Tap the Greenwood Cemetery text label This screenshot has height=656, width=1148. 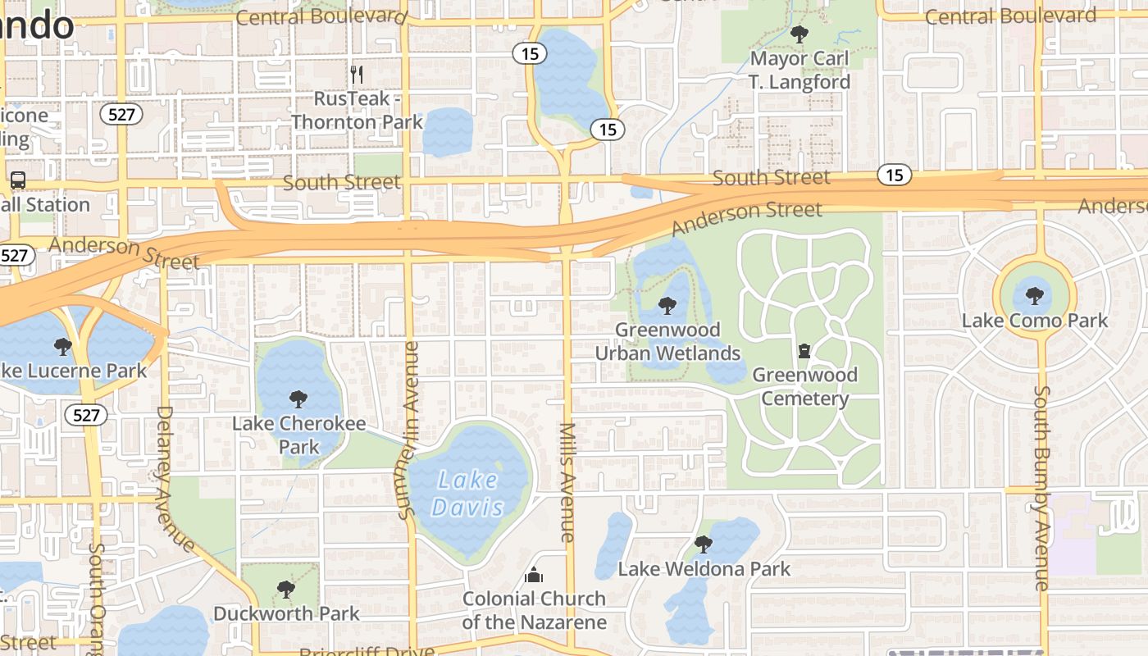(804, 387)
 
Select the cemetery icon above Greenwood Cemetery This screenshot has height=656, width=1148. (804, 351)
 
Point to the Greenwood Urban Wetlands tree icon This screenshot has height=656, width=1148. (667, 307)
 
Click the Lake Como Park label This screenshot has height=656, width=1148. (1034, 321)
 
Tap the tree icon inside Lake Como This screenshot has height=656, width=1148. (1034, 295)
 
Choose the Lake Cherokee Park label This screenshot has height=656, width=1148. (298, 435)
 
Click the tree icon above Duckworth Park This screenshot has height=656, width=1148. (285, 590)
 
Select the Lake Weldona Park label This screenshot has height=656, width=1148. (704, 569)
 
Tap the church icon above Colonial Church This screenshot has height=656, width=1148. (534, 575)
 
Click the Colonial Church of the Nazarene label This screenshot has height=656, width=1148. (534, 610)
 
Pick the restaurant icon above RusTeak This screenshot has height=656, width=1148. (357, 75)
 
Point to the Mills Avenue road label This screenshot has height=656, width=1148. (567, 481)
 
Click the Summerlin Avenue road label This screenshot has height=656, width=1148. (408, 430)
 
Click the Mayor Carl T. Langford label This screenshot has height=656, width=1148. (799, 71)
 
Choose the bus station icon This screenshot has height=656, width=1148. (17, 180)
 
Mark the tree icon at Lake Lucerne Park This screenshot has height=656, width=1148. (62, 347)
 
